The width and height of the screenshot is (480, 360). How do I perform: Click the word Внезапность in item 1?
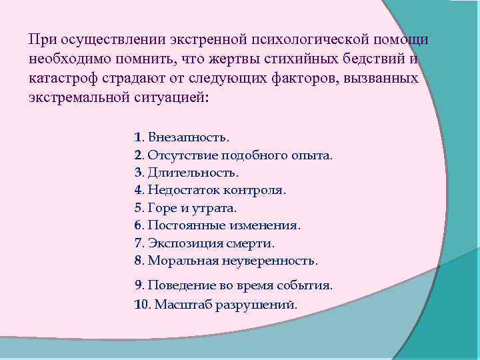[188, 138]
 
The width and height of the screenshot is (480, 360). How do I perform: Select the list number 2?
[137, 155]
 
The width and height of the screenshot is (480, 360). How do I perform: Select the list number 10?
[143, 304]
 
